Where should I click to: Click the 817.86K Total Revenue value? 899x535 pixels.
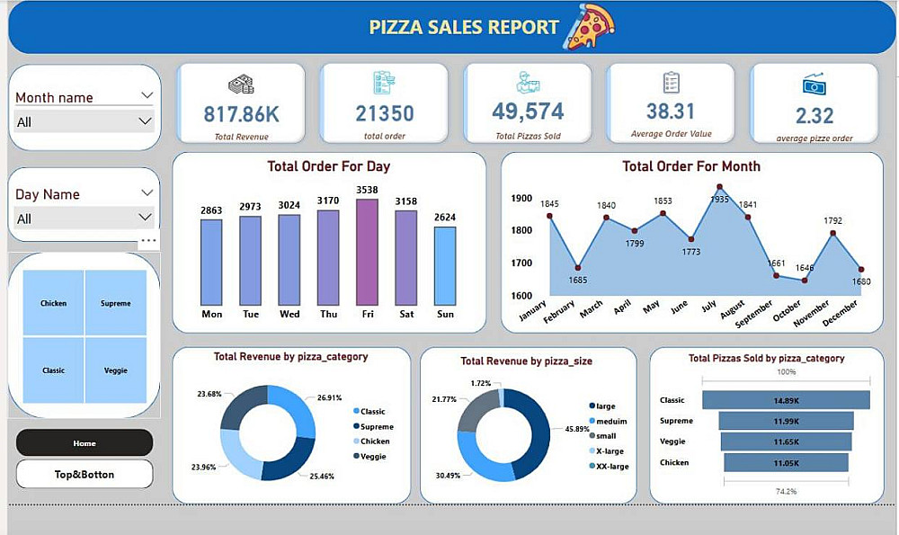point(241,114)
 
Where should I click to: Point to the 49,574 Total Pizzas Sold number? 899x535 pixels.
point(528,111)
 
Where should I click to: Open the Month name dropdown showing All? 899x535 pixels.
point(84,121)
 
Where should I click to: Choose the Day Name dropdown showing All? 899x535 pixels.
point(84,218)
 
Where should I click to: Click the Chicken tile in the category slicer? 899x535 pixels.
point(54,303)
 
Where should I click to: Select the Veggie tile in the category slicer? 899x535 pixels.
point(116,370)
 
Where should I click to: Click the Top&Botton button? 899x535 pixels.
point(85,474)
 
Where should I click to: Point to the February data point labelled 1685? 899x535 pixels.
point(578,268)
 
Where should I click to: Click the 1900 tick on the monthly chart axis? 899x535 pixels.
point(521,199)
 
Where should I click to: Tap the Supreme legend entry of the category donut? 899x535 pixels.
point(377,426)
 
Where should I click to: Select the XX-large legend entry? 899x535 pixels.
point(611,466)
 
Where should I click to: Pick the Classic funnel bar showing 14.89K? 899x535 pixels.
point(786,400)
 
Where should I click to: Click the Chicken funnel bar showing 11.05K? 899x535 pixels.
point(786,462)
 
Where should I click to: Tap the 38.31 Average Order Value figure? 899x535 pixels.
point(671,111)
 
